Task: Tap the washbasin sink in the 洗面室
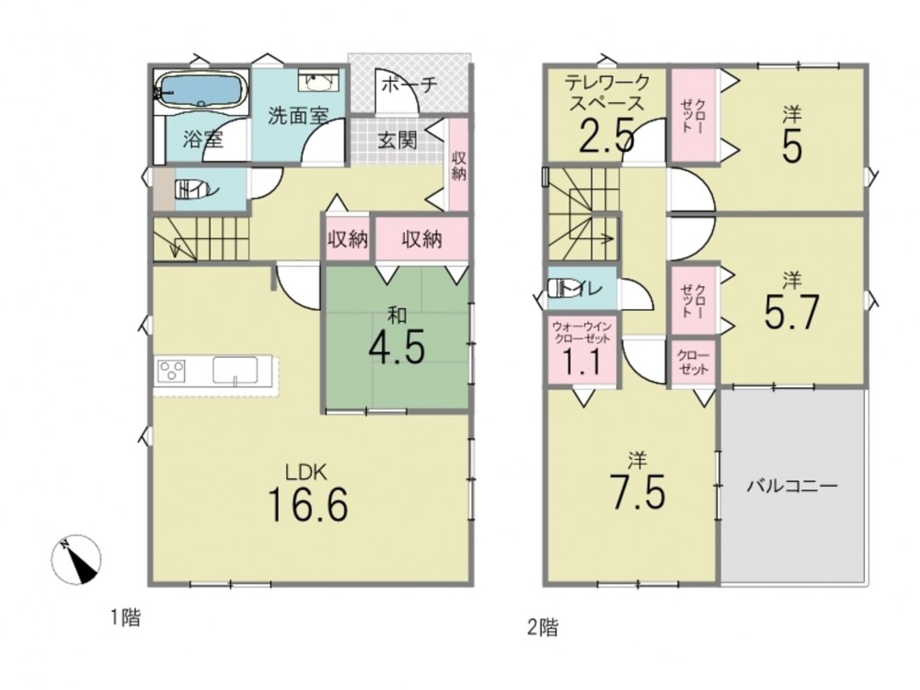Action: (x=318, y=81)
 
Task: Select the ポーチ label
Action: (x=409, y=85)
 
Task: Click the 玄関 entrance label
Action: (x=397, y=140)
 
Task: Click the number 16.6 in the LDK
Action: (x=307, y=504)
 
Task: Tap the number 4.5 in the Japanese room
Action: (x=397, y=348)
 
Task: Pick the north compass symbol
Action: (x=76, y=559)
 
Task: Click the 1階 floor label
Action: (x=126, y=617)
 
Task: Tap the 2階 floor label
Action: (x=544, y=627)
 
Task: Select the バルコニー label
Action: (x=792, y=486)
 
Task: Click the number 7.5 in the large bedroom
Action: (x=638, y=491)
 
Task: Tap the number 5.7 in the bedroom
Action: (x=791, y=312)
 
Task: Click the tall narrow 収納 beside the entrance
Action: (x=459, y=165)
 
